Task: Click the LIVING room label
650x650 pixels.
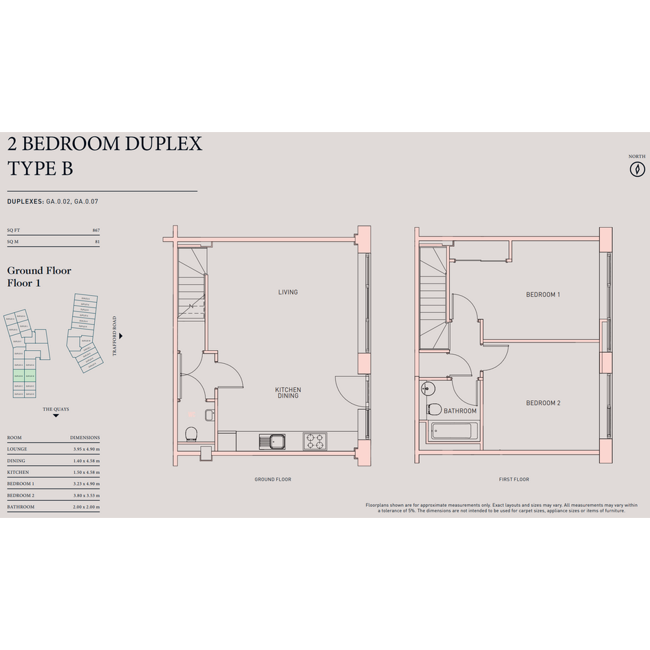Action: coord(288,292)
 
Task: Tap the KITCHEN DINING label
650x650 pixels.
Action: coord(288,393)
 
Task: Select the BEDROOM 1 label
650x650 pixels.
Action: coord(543,295)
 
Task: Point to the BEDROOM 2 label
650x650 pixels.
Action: coord(543,403)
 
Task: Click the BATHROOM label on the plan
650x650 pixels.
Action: coord(460,411)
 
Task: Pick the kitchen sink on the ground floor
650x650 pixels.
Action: coord(273,440)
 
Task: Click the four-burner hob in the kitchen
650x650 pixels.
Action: coord(316,440)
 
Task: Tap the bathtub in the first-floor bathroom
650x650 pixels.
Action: coord(451,433)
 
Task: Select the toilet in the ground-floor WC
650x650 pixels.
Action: coord(193,433)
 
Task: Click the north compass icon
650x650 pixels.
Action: coord(638,169)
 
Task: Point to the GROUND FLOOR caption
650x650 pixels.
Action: coord(273,479)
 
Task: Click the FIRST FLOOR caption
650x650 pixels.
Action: coord(514,479)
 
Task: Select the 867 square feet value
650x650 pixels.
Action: coord(96,230)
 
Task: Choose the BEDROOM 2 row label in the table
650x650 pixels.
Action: coord(21,495)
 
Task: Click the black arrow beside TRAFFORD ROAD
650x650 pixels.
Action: coord(121,336)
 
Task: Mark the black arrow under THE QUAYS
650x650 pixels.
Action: coord(56,416)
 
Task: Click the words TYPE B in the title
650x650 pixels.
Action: coord(40,169)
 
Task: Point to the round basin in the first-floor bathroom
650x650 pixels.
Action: coord(426,389)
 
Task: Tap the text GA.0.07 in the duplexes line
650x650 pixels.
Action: coord(89,202)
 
